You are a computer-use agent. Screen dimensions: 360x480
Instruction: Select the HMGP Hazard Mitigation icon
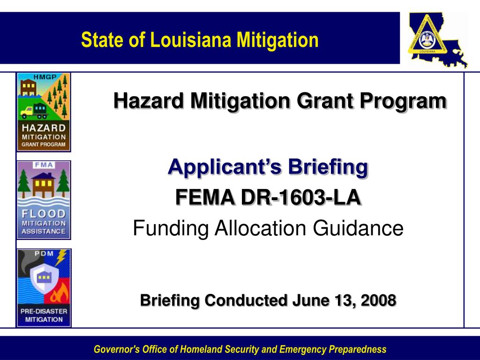click(x=44, y=112)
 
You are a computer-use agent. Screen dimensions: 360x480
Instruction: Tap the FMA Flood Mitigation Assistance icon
click(x=44, y=199)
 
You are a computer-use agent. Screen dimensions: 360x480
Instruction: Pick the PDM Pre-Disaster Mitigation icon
click(x=44, y=287)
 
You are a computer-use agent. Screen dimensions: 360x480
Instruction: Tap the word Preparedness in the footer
click(x=358, y=349)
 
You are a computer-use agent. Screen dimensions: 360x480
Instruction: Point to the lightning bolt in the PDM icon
click(x=61, y=257)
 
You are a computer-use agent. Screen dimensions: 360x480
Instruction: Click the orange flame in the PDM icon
click(x=60, y=295)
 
